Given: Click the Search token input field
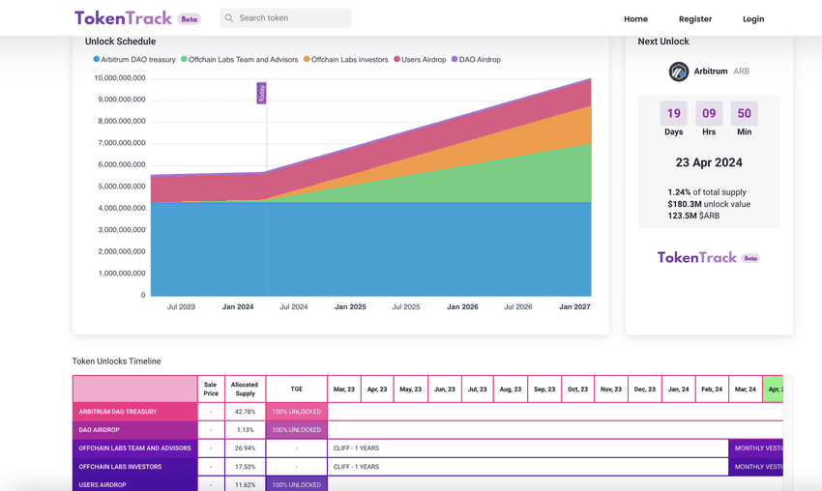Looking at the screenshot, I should click(290, 18).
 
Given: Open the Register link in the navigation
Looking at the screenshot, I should click(694, 19).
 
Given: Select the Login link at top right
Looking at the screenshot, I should click(753, 19).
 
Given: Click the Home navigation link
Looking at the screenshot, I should click(635, 19).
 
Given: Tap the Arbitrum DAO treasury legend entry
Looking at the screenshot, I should click(134, 60).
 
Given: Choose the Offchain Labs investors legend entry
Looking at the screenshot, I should click(345, 60).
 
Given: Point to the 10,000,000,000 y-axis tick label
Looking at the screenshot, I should click(120, 77).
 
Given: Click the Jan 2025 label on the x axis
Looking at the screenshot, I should click(350, 306).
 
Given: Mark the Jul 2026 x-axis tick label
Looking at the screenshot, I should click(518, 306).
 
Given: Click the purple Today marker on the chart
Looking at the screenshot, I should click(261, 93).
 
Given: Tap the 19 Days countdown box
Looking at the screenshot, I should click(674, 114).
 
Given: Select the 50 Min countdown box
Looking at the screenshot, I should click(744, 114).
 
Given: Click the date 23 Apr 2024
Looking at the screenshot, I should click(709, 162).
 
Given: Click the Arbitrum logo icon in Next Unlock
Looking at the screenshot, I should click(679, 72).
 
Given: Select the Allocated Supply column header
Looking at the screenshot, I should click(245, 389).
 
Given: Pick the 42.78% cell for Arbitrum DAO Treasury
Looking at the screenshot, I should click(245, 412).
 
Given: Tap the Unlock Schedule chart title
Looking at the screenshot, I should click(120, 42).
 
